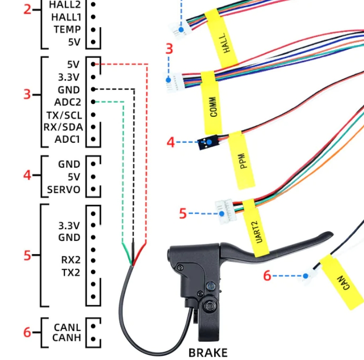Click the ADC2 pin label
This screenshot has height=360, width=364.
[x=67, y=102]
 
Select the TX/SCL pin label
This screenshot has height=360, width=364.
[x=64, y=115]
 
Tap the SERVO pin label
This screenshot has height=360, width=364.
[x=63, y=190]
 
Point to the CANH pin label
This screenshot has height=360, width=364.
[x=66, y=338]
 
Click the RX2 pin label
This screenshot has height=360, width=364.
[x=70, y=260]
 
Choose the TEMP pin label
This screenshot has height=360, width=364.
[x=67, y=29]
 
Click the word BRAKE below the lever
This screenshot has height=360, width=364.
[x=208, y=352]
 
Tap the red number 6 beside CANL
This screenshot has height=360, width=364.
[x=27, y=332]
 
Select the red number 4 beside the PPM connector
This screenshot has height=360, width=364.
[x=171, y=142]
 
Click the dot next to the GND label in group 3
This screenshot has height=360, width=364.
[x=94, y=90]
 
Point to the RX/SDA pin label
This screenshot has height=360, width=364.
[x=63, y=127]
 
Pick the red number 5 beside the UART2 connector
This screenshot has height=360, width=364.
[x=183, y=213]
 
